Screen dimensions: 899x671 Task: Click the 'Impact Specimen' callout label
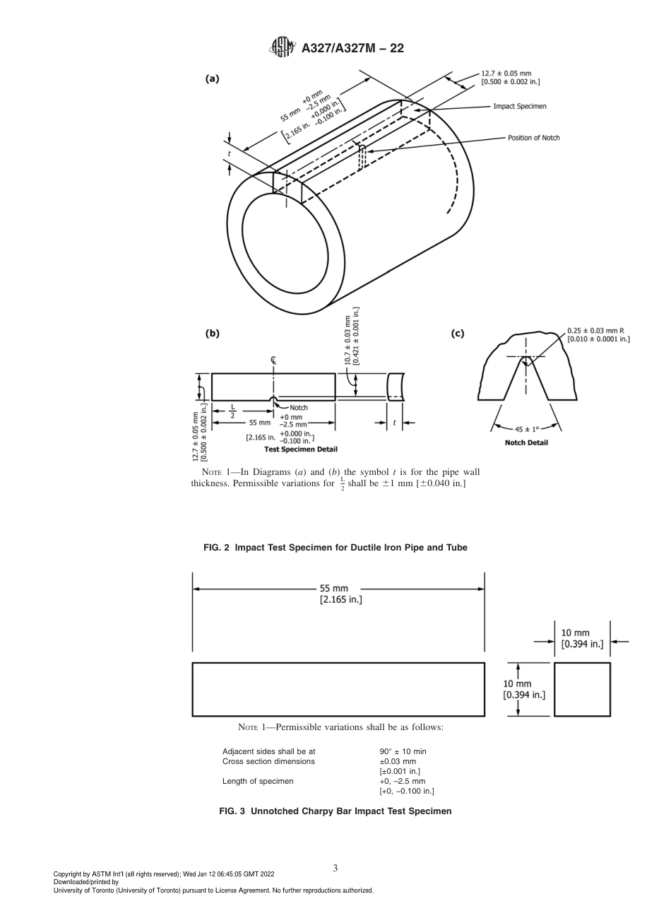(519, 107)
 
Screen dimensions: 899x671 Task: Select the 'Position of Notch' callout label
(533, 138)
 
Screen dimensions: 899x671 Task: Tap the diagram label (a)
(212, 78)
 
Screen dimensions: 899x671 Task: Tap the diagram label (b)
(212, 333)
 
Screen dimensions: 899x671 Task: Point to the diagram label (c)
(457, 333)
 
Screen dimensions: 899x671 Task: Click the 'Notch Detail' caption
(526, 443)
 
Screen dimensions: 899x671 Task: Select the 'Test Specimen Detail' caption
(300, 449)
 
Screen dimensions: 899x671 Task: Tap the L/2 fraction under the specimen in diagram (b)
(232, 411)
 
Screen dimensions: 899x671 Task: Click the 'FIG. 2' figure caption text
(335, 547)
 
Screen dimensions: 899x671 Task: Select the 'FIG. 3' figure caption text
(335, 811)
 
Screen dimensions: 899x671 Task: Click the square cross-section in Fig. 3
(582, 689)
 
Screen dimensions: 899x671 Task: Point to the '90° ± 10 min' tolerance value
(403, 751)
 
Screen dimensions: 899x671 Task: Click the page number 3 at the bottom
(335, 868)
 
